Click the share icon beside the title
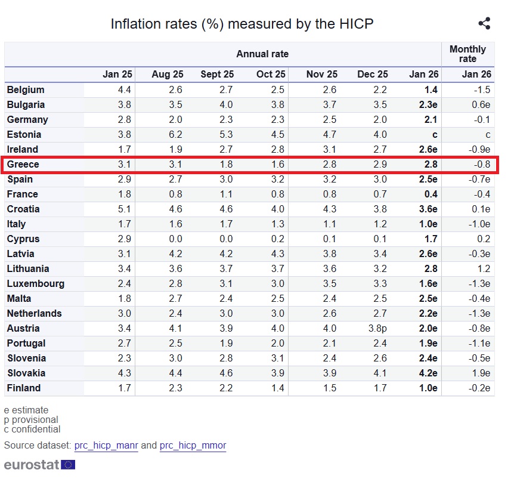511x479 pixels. (x=484, y=24)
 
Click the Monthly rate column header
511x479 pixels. (x=467, y=54)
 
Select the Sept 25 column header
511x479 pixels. (x=217, y=75)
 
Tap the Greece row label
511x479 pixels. (x=23, y=164)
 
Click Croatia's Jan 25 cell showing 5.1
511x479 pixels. (x=125, y=209)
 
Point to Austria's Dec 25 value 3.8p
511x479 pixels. (x=376, y=328)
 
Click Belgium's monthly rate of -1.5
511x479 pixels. (x=483, y=89)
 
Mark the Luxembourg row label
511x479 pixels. (x=35, y=283)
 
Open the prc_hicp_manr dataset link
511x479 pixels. (x=106, y=446)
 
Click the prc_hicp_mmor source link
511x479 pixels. (x=193, y=446)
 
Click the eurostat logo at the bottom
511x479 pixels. (x=39, y=465)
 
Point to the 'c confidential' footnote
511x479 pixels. (x=32, y=429)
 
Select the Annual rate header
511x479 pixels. (x=262, y=54)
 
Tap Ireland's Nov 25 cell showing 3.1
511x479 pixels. (x=329, y=149)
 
